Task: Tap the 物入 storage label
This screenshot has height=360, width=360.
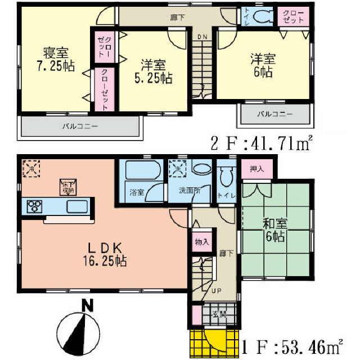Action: [202, 242]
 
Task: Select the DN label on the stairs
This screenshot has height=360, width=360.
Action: [202, 37]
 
